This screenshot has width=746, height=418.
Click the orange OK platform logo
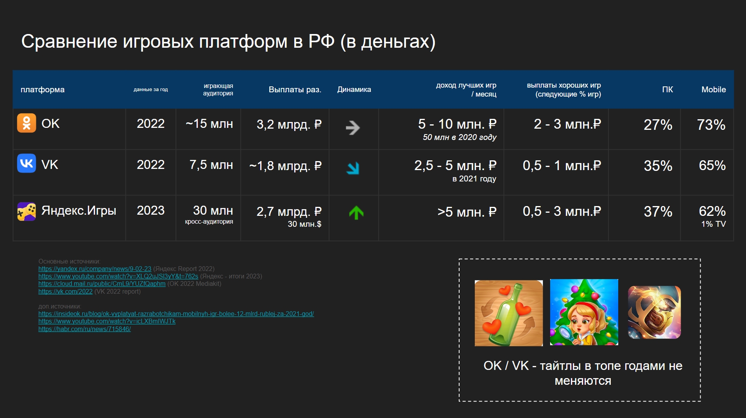click(27, 123)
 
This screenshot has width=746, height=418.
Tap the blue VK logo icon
click(27, 163)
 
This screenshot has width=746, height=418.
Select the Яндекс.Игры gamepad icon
click(27, 212)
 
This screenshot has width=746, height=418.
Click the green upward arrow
click(356, 213)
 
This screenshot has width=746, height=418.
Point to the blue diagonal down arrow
click(353, 168)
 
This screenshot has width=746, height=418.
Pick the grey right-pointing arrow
click(353, 127)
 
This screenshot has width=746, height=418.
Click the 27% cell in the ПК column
click(658, 125)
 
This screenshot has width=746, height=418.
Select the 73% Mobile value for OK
click(711, 125)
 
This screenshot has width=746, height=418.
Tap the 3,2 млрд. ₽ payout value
click(289, 124)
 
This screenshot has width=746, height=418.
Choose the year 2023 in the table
click(150, 210)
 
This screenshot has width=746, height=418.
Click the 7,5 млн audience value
click(211, 165)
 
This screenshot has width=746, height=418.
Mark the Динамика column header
click(354, 90)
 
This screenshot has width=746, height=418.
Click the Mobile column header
click(714, 90)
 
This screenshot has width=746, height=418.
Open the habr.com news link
click(84, 329)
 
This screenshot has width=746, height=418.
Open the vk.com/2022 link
click(65, 291)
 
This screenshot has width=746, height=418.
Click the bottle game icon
click(509, 313)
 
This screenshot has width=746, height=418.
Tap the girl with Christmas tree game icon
click(584, 312)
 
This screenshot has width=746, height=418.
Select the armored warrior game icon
click(654, 312)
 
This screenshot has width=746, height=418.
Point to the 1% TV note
click(714, 224)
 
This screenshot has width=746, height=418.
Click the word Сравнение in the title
click(69, 41)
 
